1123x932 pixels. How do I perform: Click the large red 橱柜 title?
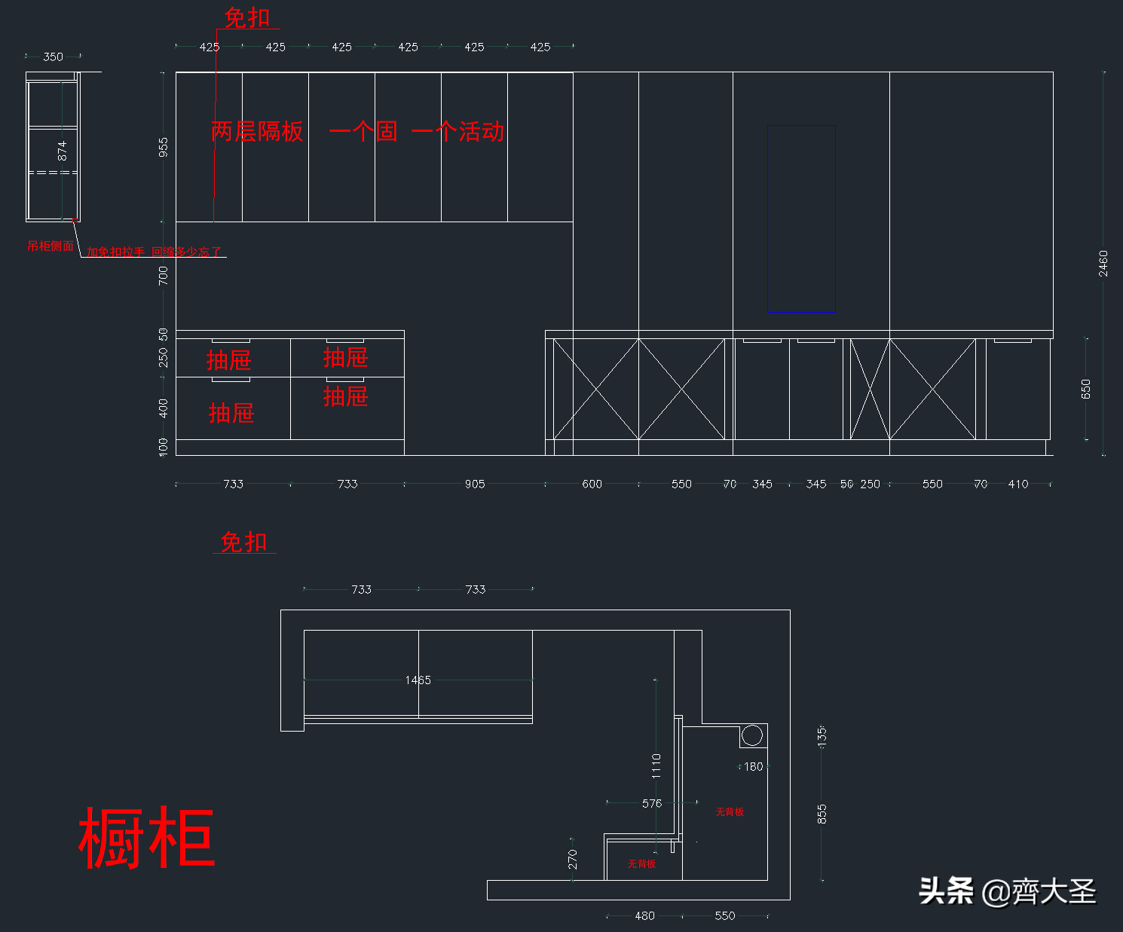pyautogui.click(x=147, y=838)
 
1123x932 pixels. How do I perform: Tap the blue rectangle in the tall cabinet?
pyautogui.click(x=801, y=218)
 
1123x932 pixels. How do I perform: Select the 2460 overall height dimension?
pyautogui.click(x=1103, y=263)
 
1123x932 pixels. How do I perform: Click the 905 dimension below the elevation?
pyautogui.click(x=475, y=484)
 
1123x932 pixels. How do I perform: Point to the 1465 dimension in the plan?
pyautogui.click(x=418, y=680)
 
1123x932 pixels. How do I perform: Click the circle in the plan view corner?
pyautogui.click(x=751, y=735)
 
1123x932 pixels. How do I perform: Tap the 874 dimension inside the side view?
pyautogui.click(x=63, y=150)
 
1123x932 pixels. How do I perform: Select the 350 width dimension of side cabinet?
pyautogui.click(x=53, y=57)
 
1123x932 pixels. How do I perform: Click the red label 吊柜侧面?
pyautogui.click(x=50, y=246)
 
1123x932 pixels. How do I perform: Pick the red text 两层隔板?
pyautogui.click(x=258, y=132)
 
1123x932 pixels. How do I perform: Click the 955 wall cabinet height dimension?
pyautogui.click(x=164, y=147)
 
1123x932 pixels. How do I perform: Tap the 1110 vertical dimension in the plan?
pyautogui.click(x=656, y=765)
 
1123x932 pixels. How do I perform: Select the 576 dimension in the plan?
pyautogui.click(x=652, y=804)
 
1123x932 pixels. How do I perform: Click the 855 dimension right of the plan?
pyautogui.click(x=822, y=814)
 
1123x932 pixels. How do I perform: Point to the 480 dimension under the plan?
pyautogui.click(x=644, y=916)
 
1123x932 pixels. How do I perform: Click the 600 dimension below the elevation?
pyautogui.click(x=592, y=484)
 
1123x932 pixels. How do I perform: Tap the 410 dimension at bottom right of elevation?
pyautogui.click(x=1018, y=484)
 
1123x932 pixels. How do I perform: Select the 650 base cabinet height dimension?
pyautogui.click(x=1085, y=389)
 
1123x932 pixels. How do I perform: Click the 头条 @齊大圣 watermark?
pyautogui.click(x=1007, y=892)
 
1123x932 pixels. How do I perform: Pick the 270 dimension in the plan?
pyautogui.click(x=573, y=859)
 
